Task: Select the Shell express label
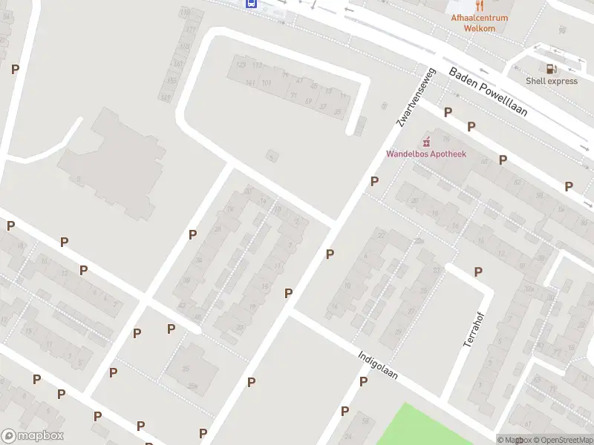coord(551,81)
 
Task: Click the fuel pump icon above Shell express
coord(551,68)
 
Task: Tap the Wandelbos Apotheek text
coord(425,154)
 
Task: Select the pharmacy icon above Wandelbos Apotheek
coord(425,141)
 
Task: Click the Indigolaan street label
coord(377,365)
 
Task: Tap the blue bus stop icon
coord(251,3)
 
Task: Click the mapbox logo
coord(32,436)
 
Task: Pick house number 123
coord(240,65)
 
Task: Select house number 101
coord(266,82)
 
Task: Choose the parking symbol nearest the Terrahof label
coord(478,272)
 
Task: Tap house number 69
coord(308,101)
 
